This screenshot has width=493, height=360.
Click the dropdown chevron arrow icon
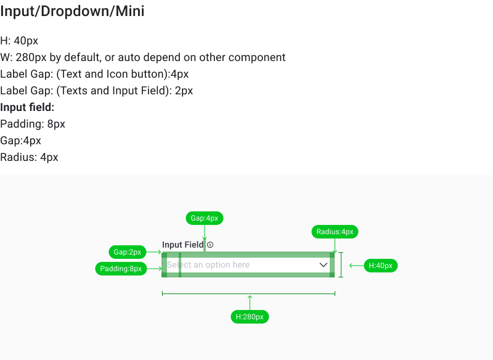[x=324, y=264]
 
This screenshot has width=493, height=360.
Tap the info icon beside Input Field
[x=210, y=245]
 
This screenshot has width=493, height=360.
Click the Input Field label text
[x=182, y=245]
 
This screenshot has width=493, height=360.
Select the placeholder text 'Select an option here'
[x=208, y=265]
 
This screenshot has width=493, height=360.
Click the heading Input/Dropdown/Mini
[x=72, y=11]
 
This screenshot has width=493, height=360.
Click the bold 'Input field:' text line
[x=27, y=107]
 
